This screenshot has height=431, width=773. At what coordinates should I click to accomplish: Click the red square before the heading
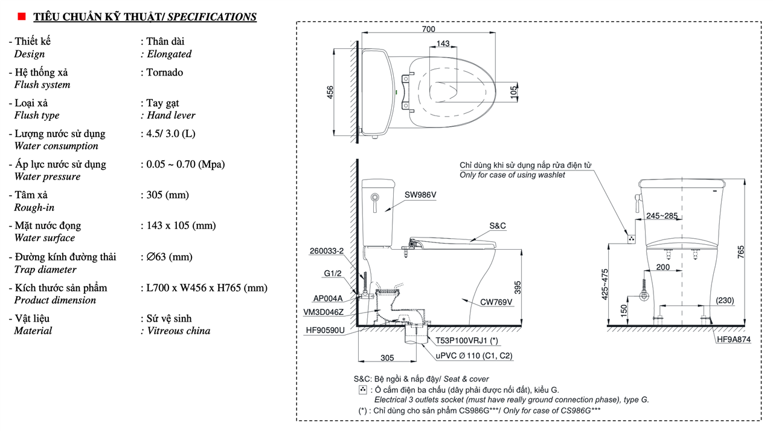22,17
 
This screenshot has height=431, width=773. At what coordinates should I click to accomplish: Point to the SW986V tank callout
420,195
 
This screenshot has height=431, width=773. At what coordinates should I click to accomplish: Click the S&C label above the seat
497,225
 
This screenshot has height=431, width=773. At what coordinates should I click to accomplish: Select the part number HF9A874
734,340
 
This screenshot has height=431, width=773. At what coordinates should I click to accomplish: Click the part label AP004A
328,298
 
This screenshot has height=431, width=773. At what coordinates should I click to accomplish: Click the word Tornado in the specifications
165,73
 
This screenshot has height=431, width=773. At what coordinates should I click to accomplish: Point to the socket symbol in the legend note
362,390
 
